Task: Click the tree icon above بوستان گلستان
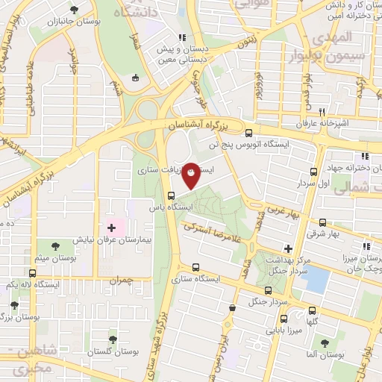coord(113,339)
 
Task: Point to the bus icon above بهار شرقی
coord(322,222)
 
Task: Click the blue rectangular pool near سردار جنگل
coord(316,281)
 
